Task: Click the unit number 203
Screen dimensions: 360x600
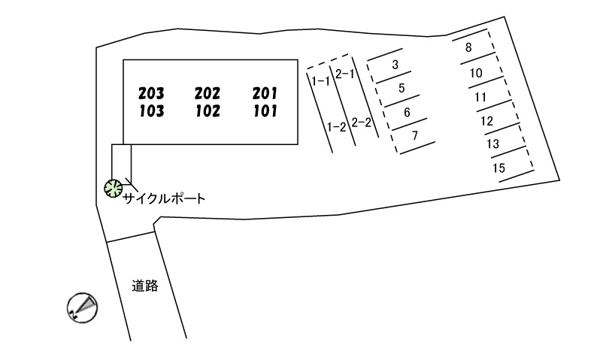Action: point(151,94)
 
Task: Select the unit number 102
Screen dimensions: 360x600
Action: point(207,111)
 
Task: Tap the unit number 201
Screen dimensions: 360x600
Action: point(265,94)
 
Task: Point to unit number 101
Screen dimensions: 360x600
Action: point(265,111)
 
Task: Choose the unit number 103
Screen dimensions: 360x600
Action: point(151,111)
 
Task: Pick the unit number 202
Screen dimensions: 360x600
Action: point(207,94)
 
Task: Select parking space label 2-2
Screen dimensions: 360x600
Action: point(362,123)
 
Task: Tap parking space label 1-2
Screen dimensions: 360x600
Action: point(336,126)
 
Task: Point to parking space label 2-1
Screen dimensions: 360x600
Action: point(345,74)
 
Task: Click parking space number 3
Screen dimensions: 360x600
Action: point(395,65)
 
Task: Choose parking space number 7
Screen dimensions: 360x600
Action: point(415,135)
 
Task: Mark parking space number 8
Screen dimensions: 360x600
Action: point(468,47)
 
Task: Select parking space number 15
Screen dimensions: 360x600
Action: point(498,168)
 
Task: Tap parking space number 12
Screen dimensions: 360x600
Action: point(487,120)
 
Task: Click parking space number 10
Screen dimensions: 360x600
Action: point(475,73)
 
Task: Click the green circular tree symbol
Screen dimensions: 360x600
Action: point(113,188)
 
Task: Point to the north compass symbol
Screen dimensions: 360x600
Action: point(82,307)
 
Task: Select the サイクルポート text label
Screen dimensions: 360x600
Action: point(164,198)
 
